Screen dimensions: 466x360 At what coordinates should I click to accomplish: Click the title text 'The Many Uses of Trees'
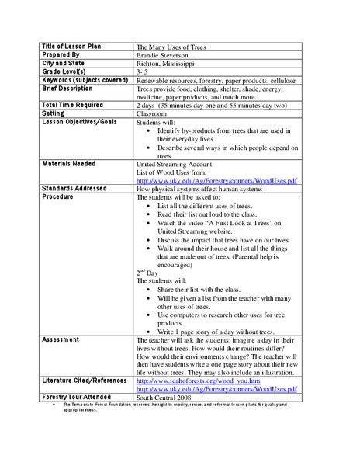click(x=172, y=47)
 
